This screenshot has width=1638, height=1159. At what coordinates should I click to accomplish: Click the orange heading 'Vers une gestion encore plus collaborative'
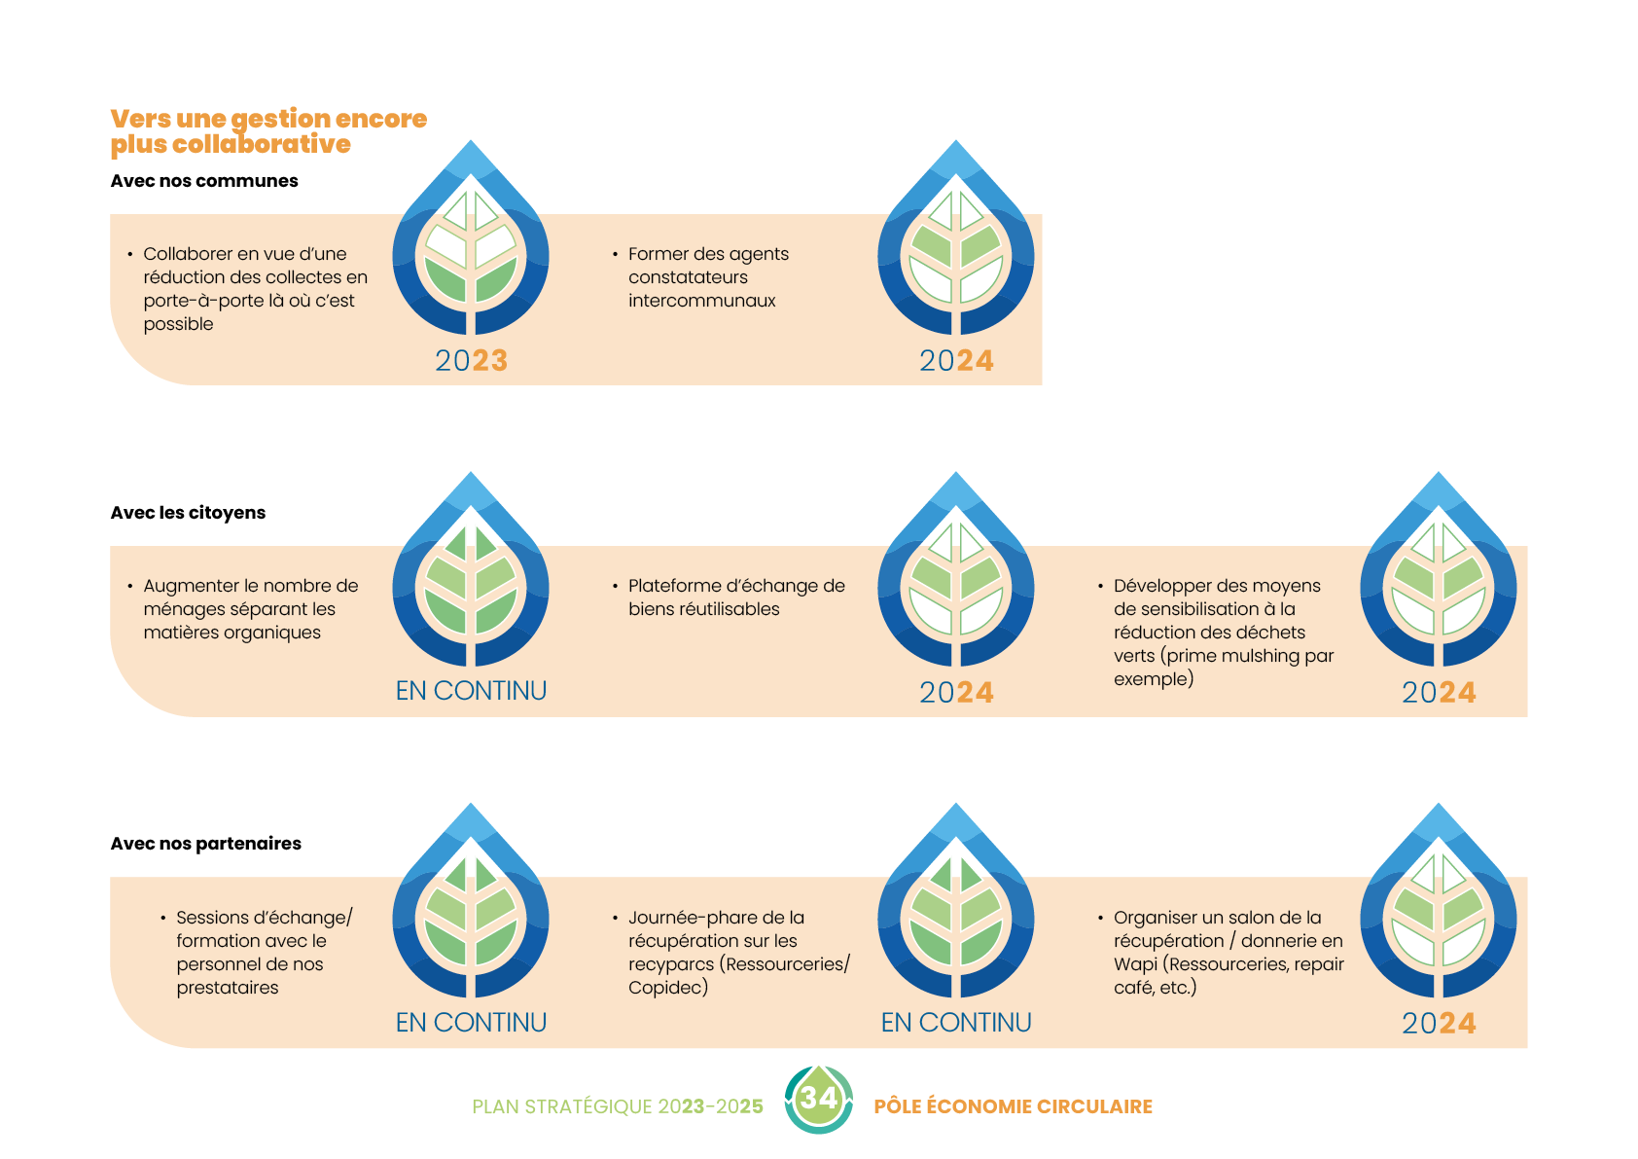(x=267, y=131)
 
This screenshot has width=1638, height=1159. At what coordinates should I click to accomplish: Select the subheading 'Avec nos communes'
(x=204, y=181)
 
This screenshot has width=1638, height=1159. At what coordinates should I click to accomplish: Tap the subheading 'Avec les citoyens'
(x=188, y=513)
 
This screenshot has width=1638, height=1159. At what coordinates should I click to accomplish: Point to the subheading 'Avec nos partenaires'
(x=205, y=844)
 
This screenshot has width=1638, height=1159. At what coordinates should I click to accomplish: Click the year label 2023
(x=471, y=361)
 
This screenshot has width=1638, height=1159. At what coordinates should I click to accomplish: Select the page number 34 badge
(x=818, y=1100)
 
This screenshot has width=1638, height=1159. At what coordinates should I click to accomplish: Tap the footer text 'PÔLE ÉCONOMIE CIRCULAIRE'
(x=1013, y=1106)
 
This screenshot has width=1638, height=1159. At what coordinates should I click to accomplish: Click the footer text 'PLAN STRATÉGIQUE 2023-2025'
(x=617, y=1106)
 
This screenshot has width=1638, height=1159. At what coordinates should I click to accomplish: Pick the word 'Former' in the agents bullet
(x=659, y=254)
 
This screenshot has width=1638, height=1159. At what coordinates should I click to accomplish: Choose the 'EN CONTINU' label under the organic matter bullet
(x=471, y=691)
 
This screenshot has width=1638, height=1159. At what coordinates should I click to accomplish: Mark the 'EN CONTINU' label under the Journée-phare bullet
(x=956, y=1023)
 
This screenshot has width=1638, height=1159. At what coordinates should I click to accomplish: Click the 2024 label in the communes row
(x=956, y=361)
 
